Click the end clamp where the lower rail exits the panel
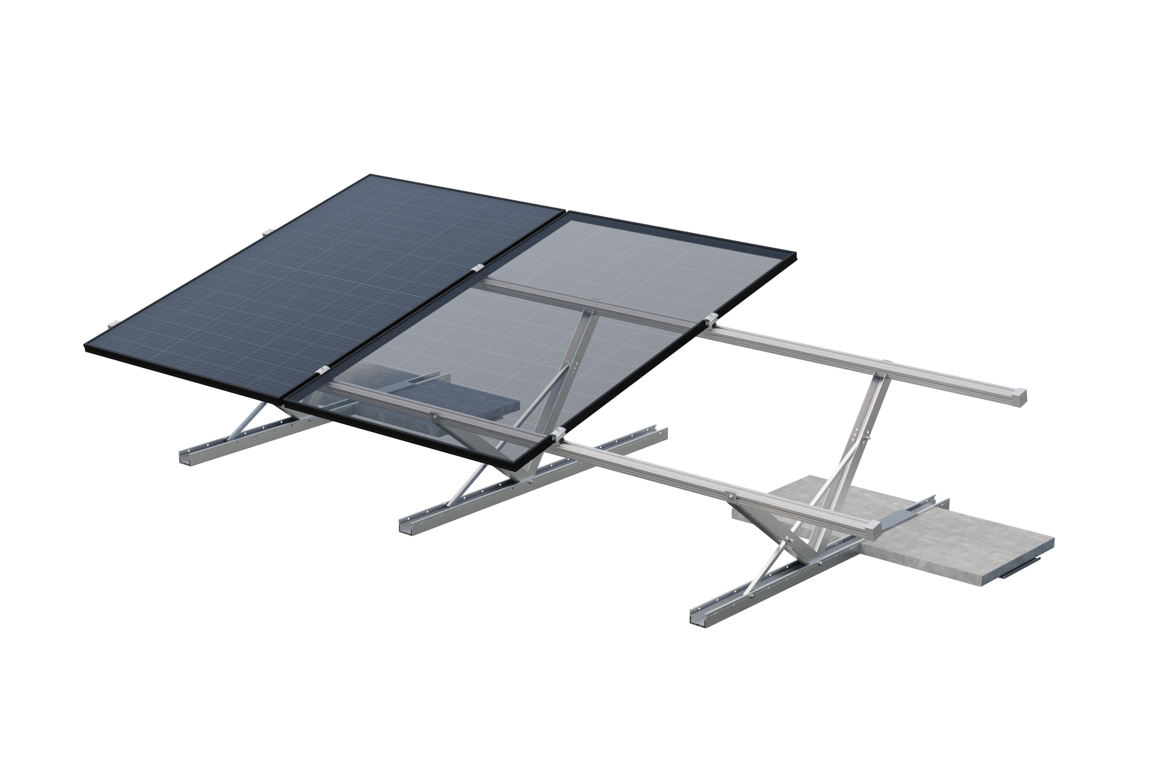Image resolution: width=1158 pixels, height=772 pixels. click(x=558, y=435)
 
